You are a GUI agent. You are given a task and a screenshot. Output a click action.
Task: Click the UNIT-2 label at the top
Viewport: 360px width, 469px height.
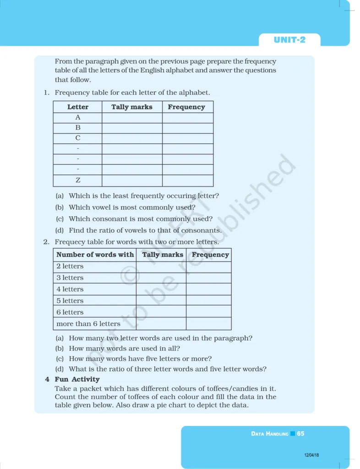pyautogui.click(x=289, y=40)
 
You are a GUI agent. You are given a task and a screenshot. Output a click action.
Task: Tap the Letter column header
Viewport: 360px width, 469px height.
pyautogui.click(x=78, y=107)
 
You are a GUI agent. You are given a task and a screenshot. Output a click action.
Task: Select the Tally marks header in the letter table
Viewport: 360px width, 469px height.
pyautogui.click(x=132, y=107)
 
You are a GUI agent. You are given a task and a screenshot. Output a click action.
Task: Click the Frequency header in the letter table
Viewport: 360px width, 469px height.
pyautogui.click(x=186, y=107)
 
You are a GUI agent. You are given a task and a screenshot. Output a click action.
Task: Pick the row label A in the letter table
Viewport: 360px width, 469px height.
pyautogui.click(x=78, y=117)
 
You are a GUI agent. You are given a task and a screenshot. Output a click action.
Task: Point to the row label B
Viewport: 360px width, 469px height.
pyautogui.click(x=78, y=128)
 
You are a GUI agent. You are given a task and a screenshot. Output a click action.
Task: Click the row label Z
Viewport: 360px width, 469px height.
pyautogui.click(x=78, y=180)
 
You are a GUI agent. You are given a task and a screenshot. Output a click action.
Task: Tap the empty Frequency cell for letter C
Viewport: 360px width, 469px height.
pyautogui.click(x=188, y=138)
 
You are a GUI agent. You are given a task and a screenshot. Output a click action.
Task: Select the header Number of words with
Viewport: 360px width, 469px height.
pyautogui.click(x=95, y=255)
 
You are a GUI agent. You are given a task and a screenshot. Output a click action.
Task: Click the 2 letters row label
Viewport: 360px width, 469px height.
pyautogui.click(x=70, y=266)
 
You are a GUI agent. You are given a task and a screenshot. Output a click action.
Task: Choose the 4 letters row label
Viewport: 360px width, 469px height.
pyautogui.click(x=70, y=289)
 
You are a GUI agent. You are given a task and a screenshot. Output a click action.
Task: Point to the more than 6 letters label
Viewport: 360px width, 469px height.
pyautogui.click(x=88, y=323)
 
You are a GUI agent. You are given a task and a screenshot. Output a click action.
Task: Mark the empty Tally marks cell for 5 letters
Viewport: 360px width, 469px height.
pyautogui.click(x=161, y=300)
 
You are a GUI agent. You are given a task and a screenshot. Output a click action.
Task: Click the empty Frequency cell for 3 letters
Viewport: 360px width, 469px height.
pyautogui.click(x=208, y=278)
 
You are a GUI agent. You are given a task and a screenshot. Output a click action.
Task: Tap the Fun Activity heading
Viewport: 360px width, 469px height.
pyautogui.click(x=77, y=379)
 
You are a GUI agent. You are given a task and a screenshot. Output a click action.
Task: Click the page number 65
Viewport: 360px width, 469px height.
pyautogui.click(x=300, y=433)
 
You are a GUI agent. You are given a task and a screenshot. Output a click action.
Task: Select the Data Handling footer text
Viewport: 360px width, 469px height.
pyautogui.click(x=270, y=433)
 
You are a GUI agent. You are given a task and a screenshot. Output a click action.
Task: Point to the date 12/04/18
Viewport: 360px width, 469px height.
pyautogui.click(x=311, y=455)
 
